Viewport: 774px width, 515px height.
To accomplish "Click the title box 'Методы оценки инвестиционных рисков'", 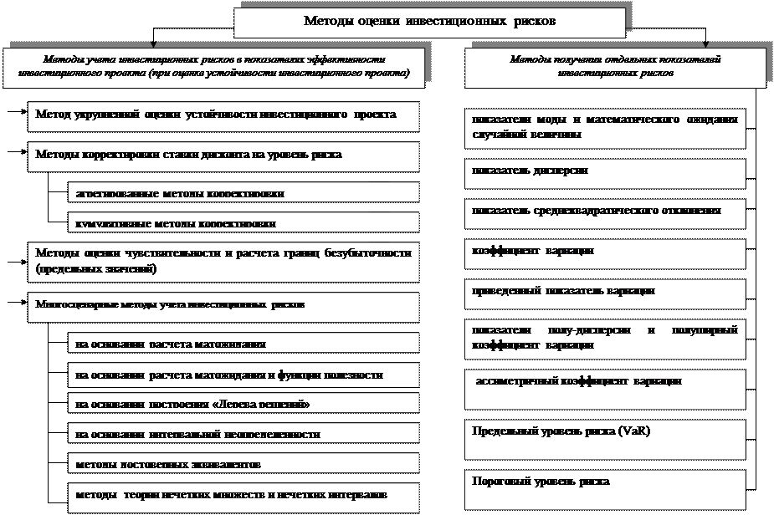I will pos(428,20).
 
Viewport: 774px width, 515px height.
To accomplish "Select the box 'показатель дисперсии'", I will pos(604,173).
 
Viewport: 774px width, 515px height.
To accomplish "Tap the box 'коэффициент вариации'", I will pos(604,252).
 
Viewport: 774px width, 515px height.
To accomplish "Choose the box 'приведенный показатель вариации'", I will pos(604,293).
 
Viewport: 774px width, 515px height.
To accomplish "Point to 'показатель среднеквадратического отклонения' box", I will pos(604,214).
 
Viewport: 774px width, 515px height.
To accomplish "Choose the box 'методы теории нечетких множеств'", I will pos(243,495).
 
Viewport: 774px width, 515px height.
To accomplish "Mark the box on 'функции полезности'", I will pos(243,376).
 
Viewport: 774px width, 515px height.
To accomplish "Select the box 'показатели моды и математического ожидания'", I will pos(604,127).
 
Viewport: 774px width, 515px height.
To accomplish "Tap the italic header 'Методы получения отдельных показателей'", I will pos(616,67).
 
